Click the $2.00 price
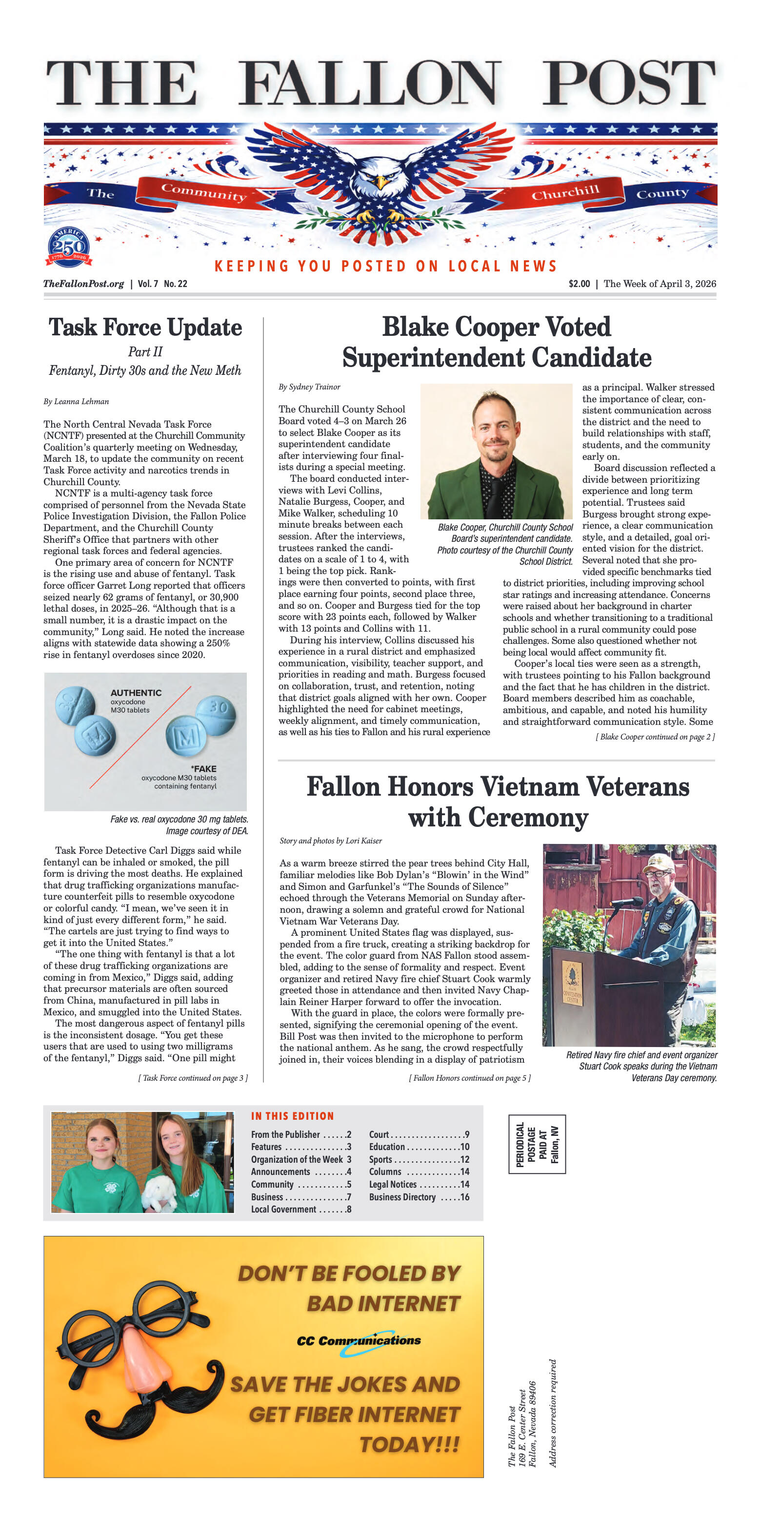pos(579,284)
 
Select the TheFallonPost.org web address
pos(83,284)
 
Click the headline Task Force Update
pos(145,328)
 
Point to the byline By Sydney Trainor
pos(309,387)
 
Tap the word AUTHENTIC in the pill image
pos(136,693)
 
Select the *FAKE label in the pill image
pos(203,769)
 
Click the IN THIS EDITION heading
pos(292,1116)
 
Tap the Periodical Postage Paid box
pos(537,1144)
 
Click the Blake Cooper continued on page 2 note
pos(655,737)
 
